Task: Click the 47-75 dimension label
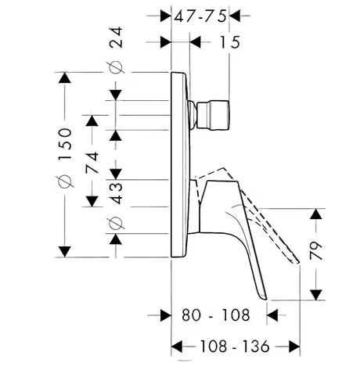[x=200, y=16]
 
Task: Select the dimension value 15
[x=229, y=42]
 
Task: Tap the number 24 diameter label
[x=116, y=37]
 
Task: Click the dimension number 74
[x=92, y=162]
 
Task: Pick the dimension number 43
[x=116, y=193]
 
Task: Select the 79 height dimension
[x=316, y=250]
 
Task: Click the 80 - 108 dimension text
[x=216, y=315]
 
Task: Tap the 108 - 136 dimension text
[x=234, y=347]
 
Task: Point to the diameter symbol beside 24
[x=116, y=67]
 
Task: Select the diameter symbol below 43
[x=116, y=223]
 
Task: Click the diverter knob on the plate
[x=210, y=115]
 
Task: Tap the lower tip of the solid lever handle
[x=264, y=298]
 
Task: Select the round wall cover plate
[x=181, y=165]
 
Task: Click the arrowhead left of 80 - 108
[x=165, y=315]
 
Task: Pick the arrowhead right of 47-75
[x=235, y=16]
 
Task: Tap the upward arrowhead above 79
[x=316, y=214]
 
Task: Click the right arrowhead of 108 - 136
[x=294, y=347]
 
